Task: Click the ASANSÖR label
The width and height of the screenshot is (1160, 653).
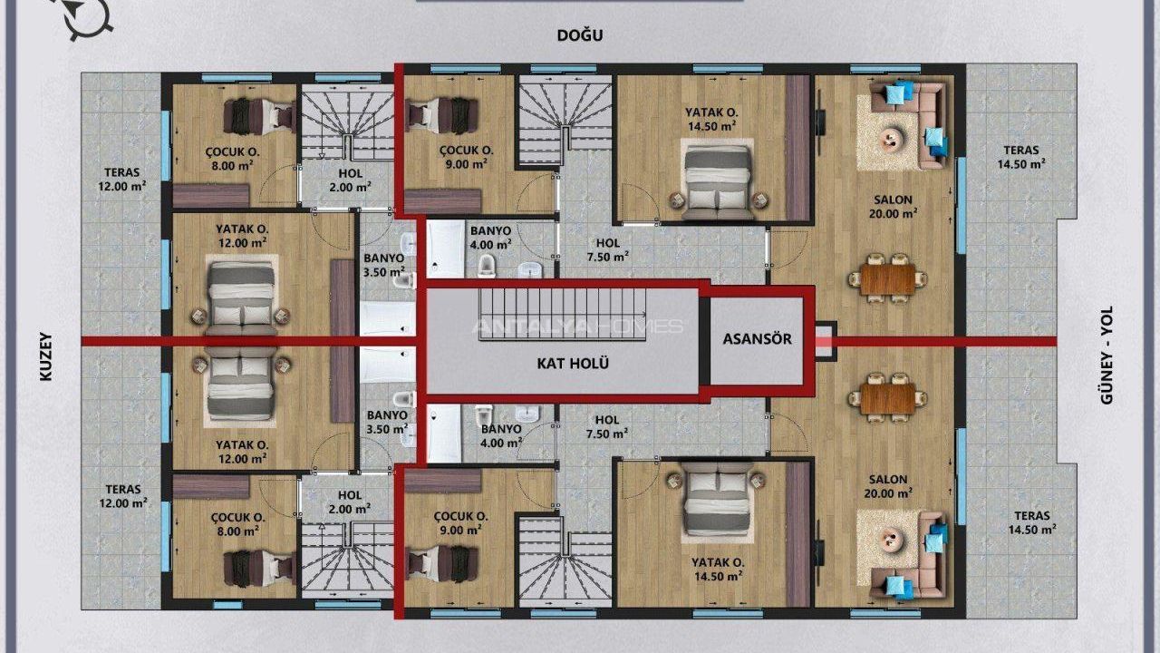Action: coord(757,339)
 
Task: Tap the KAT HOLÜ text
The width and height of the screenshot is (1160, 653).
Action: coord(573,364)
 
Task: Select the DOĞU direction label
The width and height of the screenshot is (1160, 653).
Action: coord(580,35)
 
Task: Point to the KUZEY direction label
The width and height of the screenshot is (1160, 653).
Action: coord(46,356)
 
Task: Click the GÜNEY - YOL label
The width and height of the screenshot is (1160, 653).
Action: coord(1107,355)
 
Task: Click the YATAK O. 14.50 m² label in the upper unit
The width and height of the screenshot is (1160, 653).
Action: coord(711,119)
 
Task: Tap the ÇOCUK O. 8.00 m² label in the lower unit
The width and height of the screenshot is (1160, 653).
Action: coord(237,524)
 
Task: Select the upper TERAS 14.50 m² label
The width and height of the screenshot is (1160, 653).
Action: coord(1021,157)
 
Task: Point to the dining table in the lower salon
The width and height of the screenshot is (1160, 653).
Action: coord(887,398)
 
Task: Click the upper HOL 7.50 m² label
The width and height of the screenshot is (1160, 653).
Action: coord(608,249)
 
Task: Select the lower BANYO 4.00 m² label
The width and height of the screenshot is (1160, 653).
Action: coord(501,436)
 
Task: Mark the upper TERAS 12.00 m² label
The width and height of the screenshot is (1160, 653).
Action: coord(122,180)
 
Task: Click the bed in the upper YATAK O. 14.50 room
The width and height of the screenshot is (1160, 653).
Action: coord(718,182)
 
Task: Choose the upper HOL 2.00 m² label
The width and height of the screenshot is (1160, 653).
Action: coord(351,180)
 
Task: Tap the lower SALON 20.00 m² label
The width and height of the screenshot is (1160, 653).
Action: coord(888,486)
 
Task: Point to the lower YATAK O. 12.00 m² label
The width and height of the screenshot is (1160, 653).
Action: coord(242,452)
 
